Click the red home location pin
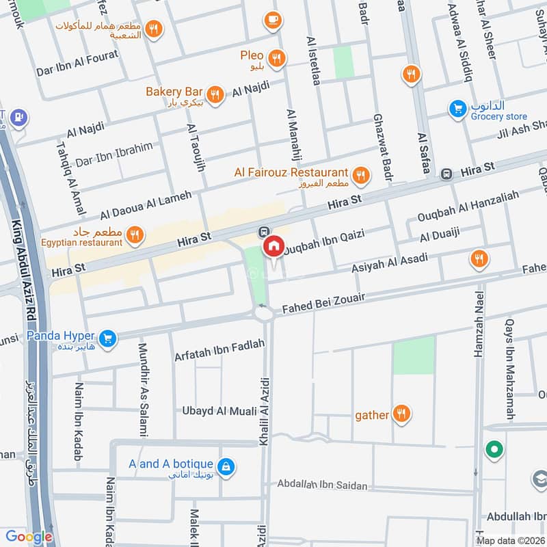274,247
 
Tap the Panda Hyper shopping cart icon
107,338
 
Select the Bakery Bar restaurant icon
215,95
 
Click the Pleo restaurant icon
276,58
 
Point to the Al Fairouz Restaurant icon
361,176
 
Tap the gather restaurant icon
401,414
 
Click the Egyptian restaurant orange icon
136,235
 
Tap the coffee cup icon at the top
273,20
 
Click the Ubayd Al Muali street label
219,411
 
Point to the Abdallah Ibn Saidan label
322,485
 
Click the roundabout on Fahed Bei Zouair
264,313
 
